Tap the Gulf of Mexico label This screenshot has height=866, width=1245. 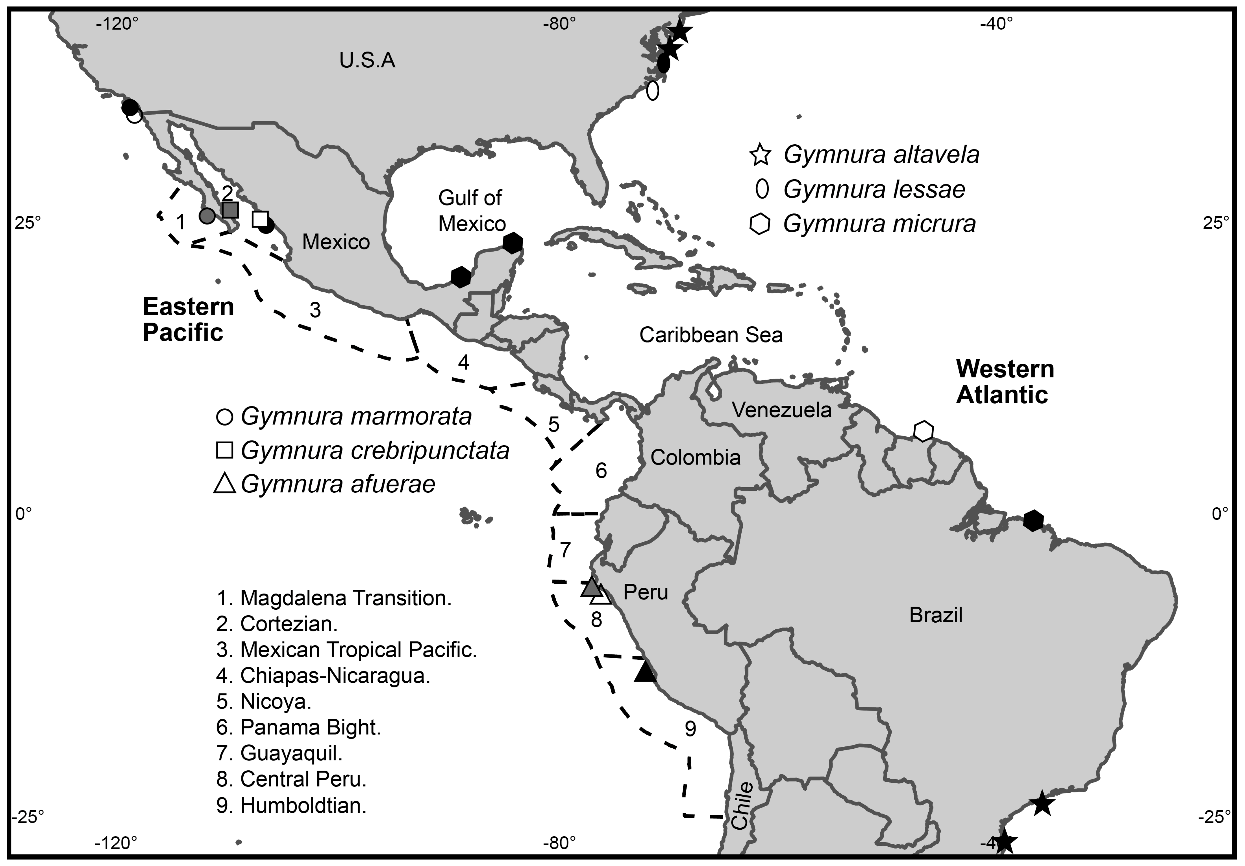tap(471, 210)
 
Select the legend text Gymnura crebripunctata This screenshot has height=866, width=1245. tap(375, 450)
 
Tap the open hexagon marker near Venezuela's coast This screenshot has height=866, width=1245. tap(924, 431)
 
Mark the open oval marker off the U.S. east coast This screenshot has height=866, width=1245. tap(653, 91)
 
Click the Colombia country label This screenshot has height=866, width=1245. tap(695, 458)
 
